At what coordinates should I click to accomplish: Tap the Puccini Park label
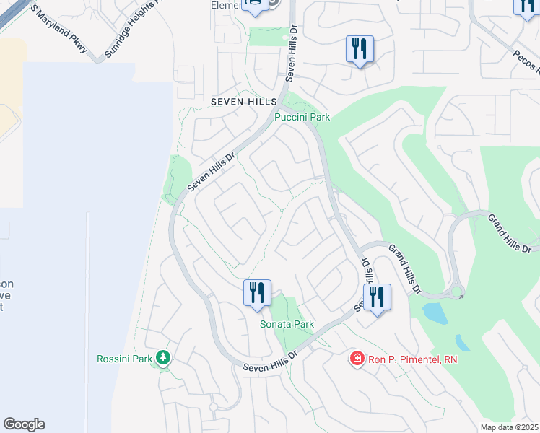tap(302, 117)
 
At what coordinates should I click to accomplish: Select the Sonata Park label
tap(287, 324)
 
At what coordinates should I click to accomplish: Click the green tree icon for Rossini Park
tap(164, 357)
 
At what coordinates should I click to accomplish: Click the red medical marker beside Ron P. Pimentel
tap(356, 358)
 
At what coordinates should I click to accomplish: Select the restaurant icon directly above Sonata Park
tap(257, 293)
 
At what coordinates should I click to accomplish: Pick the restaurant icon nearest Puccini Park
tap(360, 49)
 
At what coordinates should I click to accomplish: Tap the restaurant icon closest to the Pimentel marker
tap(377, 297)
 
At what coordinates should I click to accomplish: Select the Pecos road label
tap(526, 61)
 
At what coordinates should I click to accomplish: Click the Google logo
tap(24, 424)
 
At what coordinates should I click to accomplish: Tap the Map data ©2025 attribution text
tap(509, 427)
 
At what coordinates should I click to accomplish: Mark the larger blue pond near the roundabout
tap(435, 313)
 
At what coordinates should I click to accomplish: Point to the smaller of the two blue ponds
tap(462, 342)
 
